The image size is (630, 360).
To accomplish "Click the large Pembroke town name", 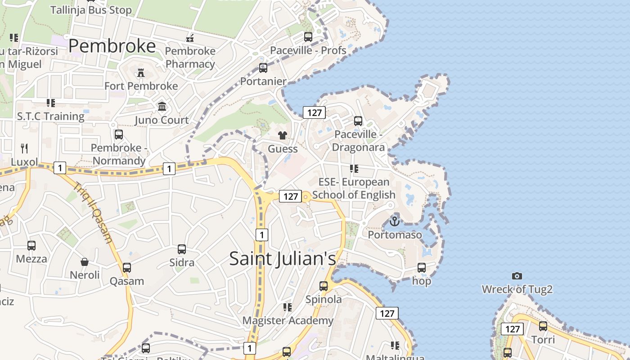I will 112,46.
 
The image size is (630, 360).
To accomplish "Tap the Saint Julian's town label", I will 283,259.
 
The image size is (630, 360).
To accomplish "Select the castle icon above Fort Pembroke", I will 141,73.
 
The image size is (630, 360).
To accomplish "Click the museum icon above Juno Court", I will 162,107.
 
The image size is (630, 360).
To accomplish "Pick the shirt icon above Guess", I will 283,135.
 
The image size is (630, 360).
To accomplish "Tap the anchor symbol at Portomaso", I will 395,221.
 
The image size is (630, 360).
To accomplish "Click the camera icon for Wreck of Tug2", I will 517,276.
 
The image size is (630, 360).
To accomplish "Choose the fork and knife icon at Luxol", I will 24,148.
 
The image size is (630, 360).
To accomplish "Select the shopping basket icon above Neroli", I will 85,261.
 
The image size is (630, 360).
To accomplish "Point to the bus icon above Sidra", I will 182,249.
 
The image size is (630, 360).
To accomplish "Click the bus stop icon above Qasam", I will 127,268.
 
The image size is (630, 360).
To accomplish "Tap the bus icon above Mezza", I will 31,245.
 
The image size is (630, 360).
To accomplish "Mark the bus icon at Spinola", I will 324,286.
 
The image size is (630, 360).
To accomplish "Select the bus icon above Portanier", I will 263,68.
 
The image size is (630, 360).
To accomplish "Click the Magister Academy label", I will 288,320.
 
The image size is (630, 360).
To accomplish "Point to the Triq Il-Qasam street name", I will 93,212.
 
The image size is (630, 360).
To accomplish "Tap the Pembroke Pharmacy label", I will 190,58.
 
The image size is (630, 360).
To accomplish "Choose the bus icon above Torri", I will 543,326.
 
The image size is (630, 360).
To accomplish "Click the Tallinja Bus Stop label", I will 91,10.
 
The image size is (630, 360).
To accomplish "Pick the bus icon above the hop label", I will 422,267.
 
